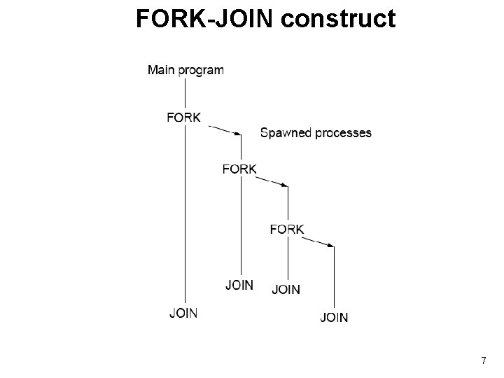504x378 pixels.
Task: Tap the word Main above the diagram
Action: click(x=160, y=70)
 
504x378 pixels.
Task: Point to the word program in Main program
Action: click(x=200, y=71)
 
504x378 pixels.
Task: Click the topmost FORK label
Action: click(x=184, y=117)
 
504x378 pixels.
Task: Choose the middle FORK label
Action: click(x=239, y=169)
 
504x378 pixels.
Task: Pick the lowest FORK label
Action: click(x=287, y=229)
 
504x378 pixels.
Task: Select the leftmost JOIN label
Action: click(x=183, y=313)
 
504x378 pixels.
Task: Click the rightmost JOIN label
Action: click(x=334, y=318)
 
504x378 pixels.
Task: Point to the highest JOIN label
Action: click(x=239, y=285)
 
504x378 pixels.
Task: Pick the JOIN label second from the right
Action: click(x=286, y=289)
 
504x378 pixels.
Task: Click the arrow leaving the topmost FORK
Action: click(x=226, y=130)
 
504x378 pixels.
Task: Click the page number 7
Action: click(x=484, y=360)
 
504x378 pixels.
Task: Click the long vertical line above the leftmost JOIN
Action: click(x=185, y=210)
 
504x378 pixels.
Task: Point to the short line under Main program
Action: click(x=185, y=90)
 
